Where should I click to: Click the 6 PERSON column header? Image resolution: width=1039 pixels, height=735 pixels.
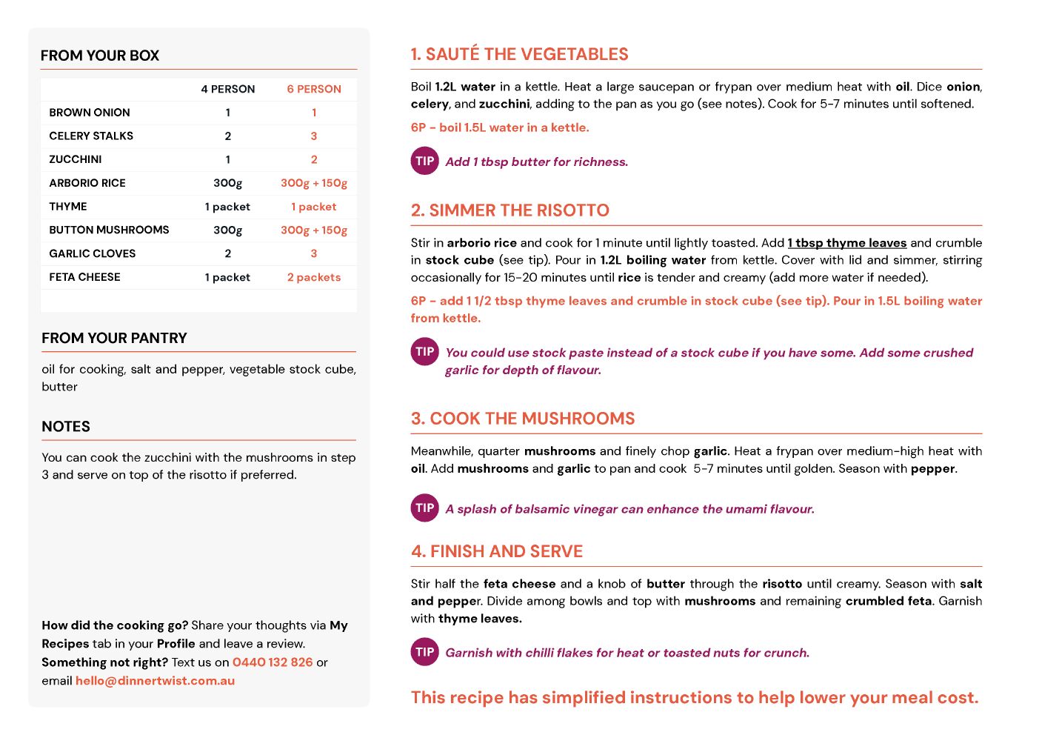click(x=314, y=89)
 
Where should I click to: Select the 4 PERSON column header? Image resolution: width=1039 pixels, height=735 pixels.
click(x=227, y=89)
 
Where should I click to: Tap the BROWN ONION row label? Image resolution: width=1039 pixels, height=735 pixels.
click(x=90, y=113)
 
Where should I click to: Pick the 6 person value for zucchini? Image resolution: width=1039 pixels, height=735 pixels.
click(x=314, y=159)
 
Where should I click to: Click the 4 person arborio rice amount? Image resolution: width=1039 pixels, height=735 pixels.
click(x=227, y=183)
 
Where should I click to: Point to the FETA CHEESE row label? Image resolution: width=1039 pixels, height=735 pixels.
click(x=84, y=277)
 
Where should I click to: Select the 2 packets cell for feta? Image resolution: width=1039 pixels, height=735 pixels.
click(x=314, y=277)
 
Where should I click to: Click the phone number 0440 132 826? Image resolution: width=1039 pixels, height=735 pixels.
click(x=273, y=662)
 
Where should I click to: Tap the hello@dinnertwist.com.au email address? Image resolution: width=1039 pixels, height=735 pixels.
click(x=155, y=681)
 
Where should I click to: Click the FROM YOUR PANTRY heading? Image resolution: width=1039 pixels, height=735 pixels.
click(x=114, y=338)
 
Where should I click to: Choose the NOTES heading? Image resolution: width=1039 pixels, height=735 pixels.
click(x=66, y=427)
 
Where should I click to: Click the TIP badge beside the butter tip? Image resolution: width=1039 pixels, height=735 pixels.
click(x=425, y=161)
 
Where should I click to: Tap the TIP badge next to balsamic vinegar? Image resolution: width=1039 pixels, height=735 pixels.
click(x=425, y=508)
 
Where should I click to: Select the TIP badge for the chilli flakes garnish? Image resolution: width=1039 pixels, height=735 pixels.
click(x=425, y=652)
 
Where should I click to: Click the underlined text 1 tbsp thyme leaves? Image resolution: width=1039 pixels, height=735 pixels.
click(x=847, y=243)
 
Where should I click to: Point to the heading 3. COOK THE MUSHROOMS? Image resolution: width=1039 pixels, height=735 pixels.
click(x=523, y=419)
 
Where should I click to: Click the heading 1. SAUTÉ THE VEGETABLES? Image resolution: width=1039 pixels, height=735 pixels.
click(x=519, y=54)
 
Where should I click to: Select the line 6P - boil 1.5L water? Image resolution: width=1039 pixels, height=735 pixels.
click(x=500, y=127)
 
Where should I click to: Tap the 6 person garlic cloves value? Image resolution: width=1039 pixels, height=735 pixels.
click(x=314, y=253)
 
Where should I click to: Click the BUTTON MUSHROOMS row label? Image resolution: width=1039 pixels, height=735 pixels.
click(x=109, y=230)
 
